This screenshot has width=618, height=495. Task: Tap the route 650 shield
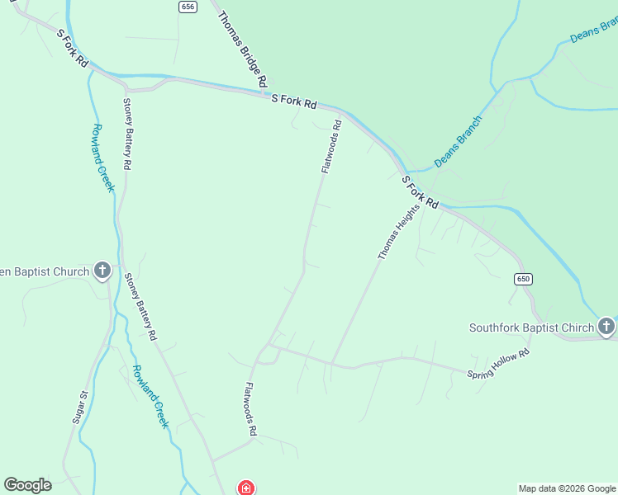tap(522, 279)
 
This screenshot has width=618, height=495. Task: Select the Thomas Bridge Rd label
tap(242, 49)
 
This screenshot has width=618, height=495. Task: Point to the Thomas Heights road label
tap(399, 233)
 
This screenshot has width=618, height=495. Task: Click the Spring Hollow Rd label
tap(498, 364)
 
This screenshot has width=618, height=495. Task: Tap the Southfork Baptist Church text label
tap(531, 328)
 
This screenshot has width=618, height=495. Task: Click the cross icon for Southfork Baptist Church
tap(606, 327)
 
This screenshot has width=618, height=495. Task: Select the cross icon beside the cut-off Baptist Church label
tap(102, 271)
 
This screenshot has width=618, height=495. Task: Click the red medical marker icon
tap(245, 488)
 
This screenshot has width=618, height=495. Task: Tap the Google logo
tap(27, 485)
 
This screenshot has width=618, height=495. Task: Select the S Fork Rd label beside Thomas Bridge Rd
tap(294, 101)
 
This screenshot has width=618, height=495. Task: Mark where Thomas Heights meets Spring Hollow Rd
tap(331, 363)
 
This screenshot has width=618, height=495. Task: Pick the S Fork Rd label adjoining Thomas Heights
tap(420, 192)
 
